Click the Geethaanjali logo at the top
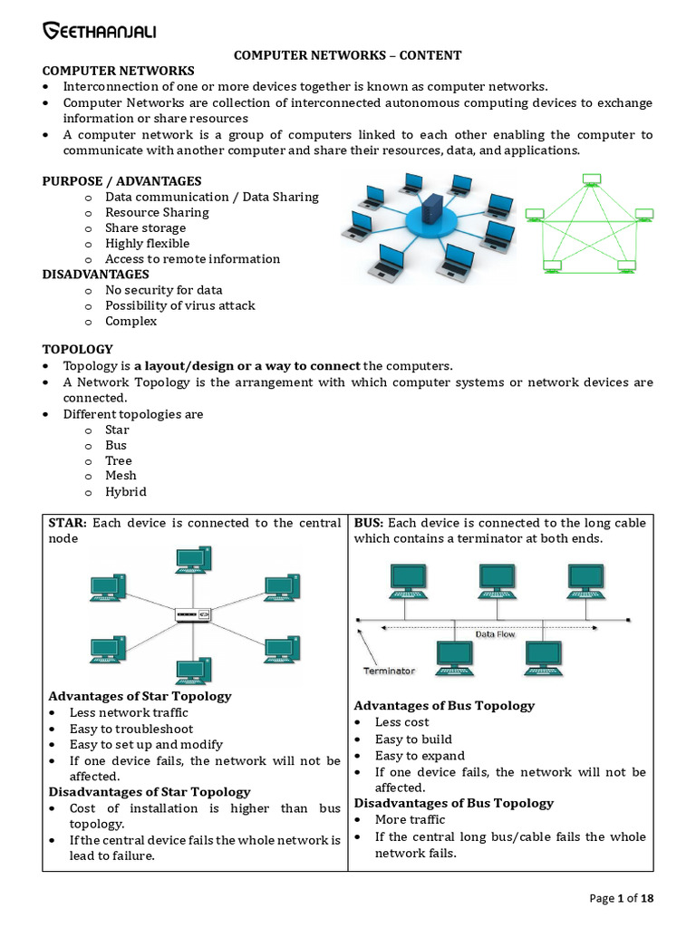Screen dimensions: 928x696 (99, 33)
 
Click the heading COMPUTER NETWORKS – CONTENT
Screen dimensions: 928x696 (348, 55)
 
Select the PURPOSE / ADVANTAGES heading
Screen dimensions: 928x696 (121, 181)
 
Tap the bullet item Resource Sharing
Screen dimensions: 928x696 (157, 212)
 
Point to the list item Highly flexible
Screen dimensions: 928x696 (147, 243)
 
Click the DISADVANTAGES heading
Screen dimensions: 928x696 (96, 274)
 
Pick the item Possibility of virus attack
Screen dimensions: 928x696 (179, 305)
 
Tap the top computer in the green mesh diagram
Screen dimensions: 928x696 (591, 179)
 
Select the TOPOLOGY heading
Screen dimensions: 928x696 (78, 349)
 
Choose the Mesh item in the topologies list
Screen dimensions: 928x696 (121, 476)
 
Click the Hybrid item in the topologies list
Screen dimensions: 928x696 (125, 492)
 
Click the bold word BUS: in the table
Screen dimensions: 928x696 (369, 523)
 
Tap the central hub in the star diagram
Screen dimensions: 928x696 (192, 615)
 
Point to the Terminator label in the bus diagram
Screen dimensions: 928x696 (389, 672)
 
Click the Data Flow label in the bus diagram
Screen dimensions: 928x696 (495, 634)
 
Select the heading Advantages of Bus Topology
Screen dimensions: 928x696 (444, 705)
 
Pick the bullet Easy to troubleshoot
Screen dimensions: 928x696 (131, 729)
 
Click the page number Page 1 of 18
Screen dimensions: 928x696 (621, 898)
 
